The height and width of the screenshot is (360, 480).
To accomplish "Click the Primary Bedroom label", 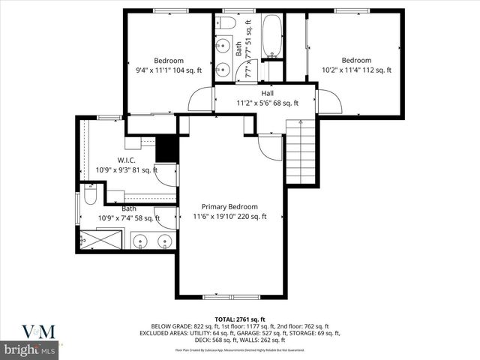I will click(x=229, y=207).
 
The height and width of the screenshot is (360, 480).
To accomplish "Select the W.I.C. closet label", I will click(x=125, y=160).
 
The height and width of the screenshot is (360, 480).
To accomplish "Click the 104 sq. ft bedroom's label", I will click(x=169, y=61).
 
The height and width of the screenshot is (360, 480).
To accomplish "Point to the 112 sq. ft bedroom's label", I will click(x=356, y=61).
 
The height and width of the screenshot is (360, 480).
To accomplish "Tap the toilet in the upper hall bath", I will click(x=227, y=23).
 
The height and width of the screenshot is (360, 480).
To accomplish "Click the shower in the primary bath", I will click(x=100, y=239).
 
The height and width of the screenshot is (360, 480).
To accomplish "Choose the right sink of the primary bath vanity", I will click(x=164, y=241).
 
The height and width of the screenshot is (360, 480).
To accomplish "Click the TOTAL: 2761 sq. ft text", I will click(x=241, y=319).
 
